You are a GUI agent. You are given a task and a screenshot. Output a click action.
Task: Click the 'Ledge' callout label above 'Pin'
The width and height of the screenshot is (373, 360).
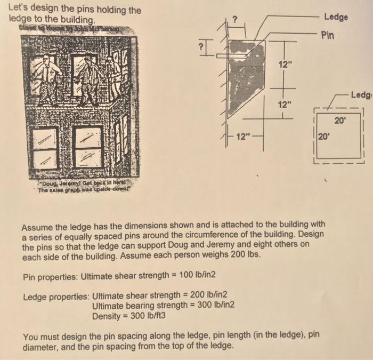pos(335,17)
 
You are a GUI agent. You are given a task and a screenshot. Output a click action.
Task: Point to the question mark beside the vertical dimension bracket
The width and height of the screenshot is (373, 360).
pos(201,47)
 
